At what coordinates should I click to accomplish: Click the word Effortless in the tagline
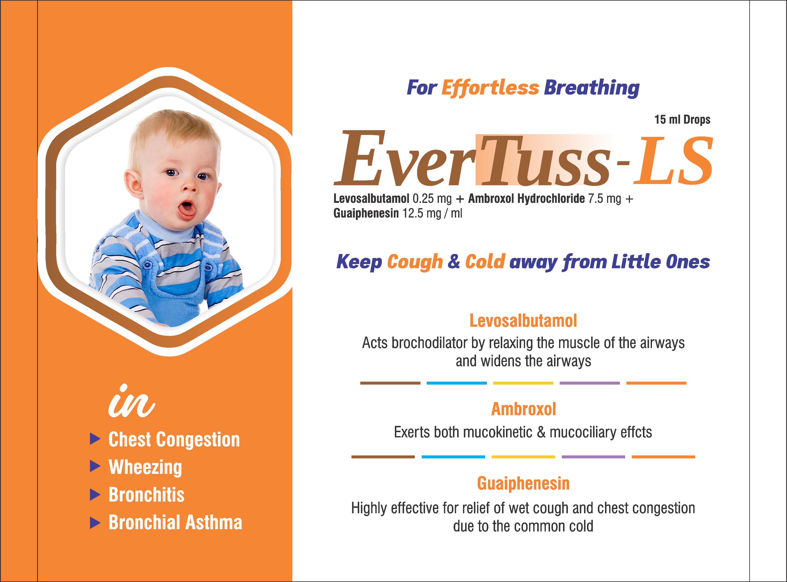[x=490, y=88]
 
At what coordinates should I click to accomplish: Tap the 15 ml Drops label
[x=682, y=120]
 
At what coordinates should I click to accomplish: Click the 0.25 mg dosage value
[x=432, y=199]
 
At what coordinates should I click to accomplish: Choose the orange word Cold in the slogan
[x=485, y=262]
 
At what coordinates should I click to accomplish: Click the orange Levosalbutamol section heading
[x=523, y=321]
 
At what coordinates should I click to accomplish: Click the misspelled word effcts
[x=636, y=432]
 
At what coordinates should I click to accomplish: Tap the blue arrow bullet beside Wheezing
[x=95, y=467]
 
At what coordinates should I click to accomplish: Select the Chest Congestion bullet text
[x=174, y=440]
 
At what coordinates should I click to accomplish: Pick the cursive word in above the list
[x=131, y=402]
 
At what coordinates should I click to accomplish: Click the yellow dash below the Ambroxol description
[x=523, y=457]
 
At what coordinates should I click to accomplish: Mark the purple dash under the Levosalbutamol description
[x=590, y=383]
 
